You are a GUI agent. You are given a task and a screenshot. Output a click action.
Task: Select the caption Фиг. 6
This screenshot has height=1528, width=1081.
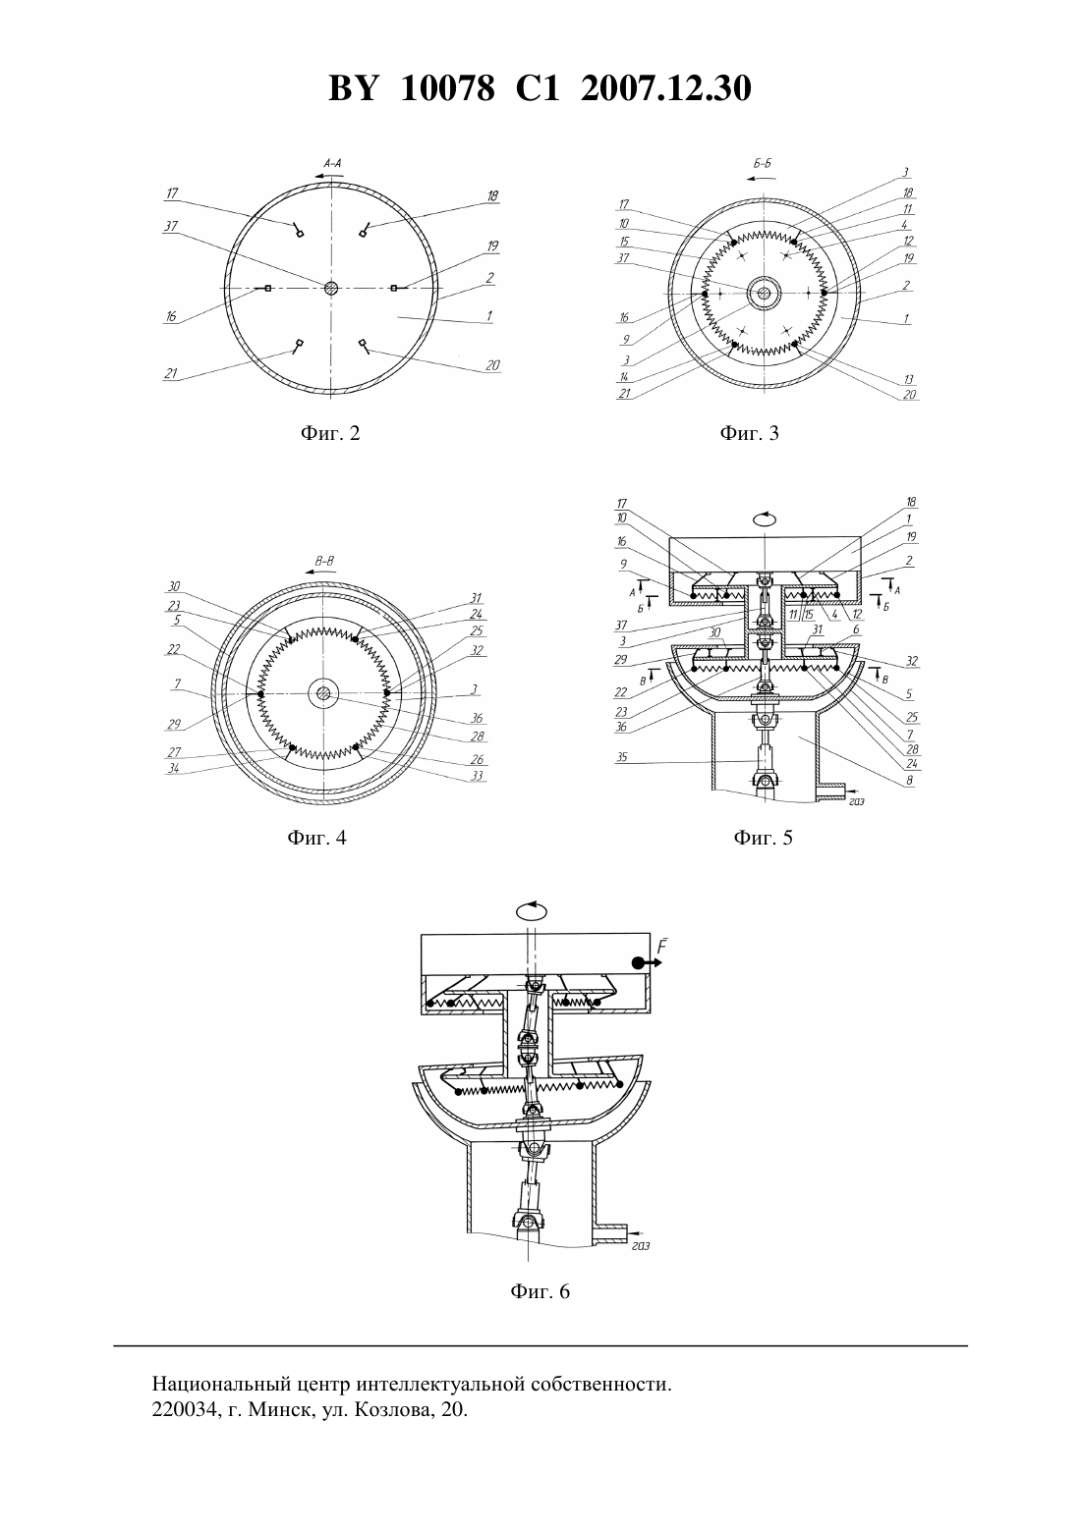point(540,1291)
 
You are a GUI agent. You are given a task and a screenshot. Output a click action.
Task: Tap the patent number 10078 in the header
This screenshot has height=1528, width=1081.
point(447,88)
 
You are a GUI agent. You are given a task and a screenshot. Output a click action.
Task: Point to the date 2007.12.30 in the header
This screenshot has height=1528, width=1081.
point(666,88)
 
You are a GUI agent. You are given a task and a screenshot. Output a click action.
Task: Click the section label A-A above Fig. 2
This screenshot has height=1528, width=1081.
point(332,164)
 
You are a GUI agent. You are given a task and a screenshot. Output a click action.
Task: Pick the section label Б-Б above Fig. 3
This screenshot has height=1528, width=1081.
point(763,164)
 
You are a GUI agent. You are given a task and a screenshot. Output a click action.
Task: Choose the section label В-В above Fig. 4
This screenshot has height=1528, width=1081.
point(324,562)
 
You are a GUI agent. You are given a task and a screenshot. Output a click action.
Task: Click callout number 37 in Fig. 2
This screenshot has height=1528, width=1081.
point(170,227)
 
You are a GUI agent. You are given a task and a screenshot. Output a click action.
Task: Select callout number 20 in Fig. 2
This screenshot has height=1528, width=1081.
point(492,365)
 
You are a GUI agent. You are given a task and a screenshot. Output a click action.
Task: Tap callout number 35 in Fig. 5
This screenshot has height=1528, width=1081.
point(621,756)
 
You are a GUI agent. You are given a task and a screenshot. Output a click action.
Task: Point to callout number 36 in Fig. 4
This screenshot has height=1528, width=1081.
point(477,718)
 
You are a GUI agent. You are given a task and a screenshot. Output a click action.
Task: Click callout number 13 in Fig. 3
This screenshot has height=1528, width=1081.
point(908,379)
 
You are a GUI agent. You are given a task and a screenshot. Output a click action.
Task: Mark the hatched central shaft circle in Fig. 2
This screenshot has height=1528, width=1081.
point(331,288)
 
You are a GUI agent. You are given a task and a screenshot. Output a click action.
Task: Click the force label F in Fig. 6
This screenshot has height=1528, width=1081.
point(662,948)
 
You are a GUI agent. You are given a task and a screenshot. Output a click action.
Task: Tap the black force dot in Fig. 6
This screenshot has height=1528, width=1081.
point(637,962)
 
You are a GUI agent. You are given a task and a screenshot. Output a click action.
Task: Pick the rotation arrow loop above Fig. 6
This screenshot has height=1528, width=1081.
point(533,910)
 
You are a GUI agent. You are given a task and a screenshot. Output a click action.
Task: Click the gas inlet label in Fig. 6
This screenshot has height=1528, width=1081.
point(640,1245)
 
